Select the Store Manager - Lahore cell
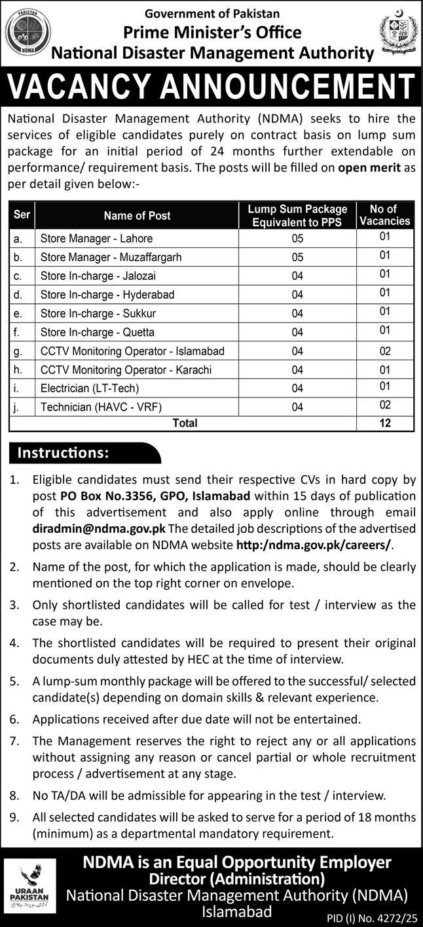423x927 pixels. tap(96, 239)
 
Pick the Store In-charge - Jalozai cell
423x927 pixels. tap(98, 276)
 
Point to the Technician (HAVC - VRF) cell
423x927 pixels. tap(101, 407)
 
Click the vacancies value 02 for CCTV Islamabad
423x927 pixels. tap(385, 351)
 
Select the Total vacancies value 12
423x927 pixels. tap(385, 423)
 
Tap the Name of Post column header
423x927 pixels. tap(137, 215)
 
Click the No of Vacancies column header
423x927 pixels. tap(385, 215)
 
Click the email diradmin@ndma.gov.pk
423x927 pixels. tap(99, 528)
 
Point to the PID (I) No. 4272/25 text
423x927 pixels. tap(375, 918)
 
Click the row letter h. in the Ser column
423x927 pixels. tap(18, 370)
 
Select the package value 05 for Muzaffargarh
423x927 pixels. tap(298, 258)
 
